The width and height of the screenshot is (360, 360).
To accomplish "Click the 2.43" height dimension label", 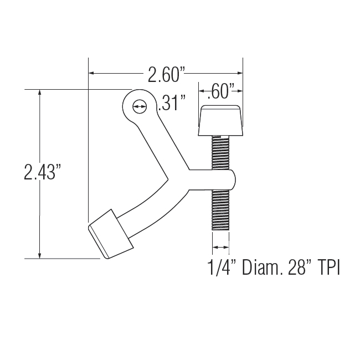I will [x=42, y=173].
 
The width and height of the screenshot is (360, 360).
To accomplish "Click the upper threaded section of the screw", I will [x=220, y=152].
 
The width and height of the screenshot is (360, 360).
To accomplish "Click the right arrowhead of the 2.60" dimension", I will [x=239, y=73].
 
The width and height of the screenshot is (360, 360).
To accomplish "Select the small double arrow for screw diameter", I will [x=220, y=248].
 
